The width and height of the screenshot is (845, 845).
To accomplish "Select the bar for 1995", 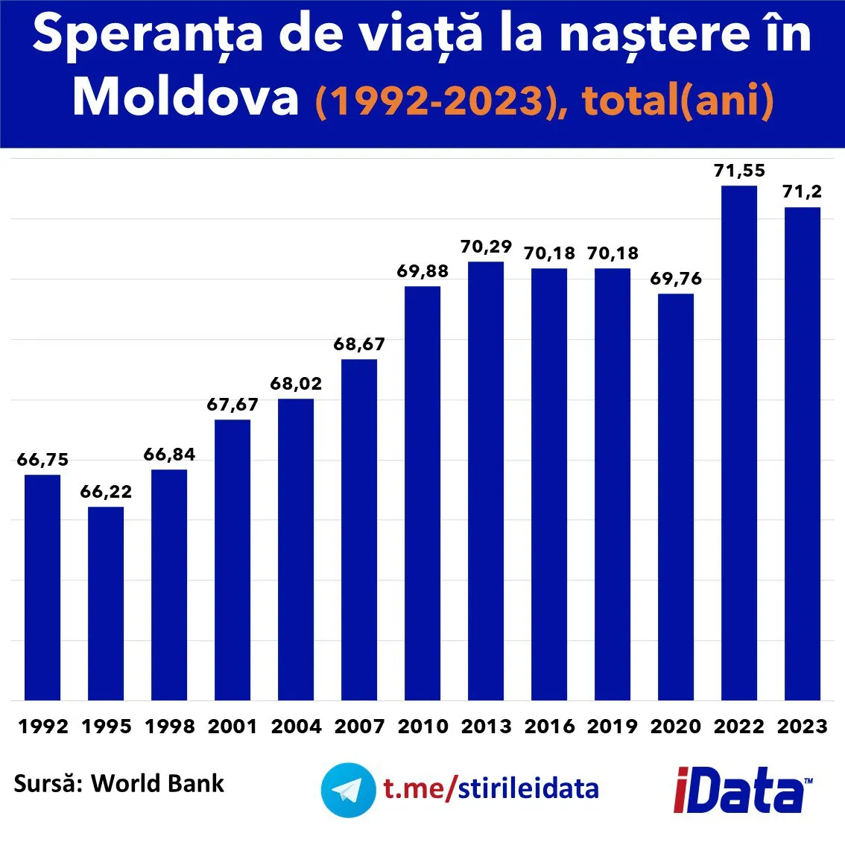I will pos(106,604).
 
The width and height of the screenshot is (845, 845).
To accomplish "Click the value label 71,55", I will pos(739,171).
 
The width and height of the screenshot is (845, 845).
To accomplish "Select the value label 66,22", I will pos(106,492).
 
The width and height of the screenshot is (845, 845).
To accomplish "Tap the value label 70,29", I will pos(486,247).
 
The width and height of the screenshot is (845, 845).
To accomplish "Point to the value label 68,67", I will pos(359,344).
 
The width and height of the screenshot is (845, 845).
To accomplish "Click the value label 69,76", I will pos(676,279).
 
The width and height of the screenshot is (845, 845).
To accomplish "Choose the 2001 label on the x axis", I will pos(232,727).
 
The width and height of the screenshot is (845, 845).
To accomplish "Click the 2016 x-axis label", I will pos(549,727).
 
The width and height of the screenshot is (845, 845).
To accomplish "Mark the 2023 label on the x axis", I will pos(803,727).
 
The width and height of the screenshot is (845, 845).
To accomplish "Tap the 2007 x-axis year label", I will pos(359,727).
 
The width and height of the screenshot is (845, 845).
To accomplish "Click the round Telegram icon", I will pos(348,790).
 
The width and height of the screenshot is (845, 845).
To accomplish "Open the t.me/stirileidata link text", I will pos(491,788).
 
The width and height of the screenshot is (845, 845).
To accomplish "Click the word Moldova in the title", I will pos(186,96).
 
